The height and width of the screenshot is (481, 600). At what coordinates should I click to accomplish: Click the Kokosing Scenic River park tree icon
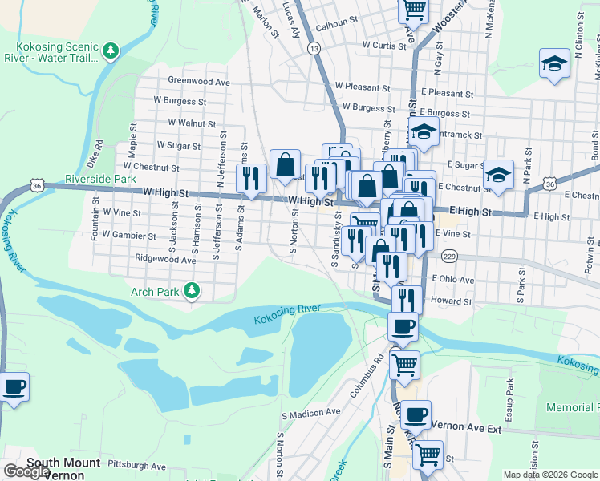click(111, 52)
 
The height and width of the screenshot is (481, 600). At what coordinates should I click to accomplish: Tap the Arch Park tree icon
click(192, 291)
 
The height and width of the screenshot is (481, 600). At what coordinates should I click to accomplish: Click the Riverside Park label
click(100, 179)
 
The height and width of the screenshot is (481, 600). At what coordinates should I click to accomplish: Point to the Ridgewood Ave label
click(166, 260)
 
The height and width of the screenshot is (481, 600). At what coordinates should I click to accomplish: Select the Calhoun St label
click(335, 24)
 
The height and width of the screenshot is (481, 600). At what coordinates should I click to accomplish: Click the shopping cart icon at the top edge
click(414, 10)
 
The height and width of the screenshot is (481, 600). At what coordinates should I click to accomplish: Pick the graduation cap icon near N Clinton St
click(554, 63)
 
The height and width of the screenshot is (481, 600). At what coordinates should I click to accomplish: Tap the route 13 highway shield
click(314, 49)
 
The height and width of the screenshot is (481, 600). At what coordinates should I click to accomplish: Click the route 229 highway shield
click(449, 256)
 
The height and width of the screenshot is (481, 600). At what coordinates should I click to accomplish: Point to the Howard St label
click(451, 301)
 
